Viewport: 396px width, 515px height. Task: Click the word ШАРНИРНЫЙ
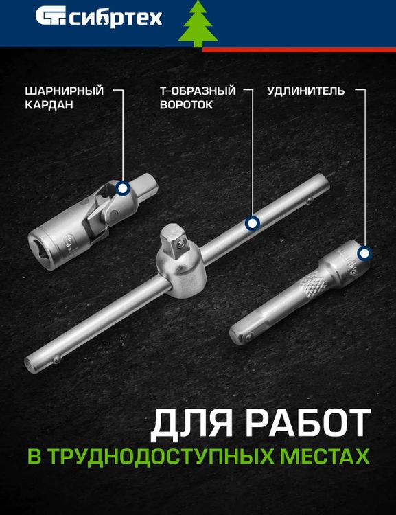64,91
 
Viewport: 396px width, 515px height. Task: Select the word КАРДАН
48,105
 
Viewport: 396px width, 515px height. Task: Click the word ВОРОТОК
186,105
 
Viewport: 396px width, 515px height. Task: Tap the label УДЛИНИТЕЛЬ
305,91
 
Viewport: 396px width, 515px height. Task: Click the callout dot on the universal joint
123,188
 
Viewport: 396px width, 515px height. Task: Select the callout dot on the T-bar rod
252,223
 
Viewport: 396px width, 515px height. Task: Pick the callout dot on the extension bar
364,253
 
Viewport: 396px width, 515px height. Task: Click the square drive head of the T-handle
178,241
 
